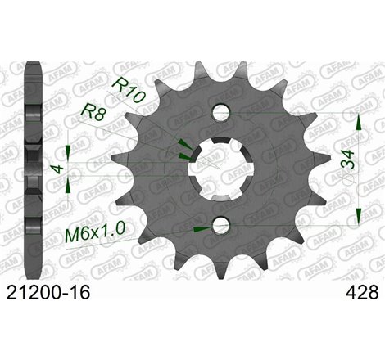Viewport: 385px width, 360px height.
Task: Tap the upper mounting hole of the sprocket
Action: click(x=219, y=111)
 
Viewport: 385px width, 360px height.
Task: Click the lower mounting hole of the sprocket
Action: click(x=219, y=225)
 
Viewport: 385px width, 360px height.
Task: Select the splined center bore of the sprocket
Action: click(x=219, y=169)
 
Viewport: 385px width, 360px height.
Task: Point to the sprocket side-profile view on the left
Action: click(x=33, y=168)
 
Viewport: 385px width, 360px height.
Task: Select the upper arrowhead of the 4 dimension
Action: click(x=69, y=150)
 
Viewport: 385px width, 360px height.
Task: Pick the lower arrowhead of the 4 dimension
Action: click(x=69, y=187)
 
